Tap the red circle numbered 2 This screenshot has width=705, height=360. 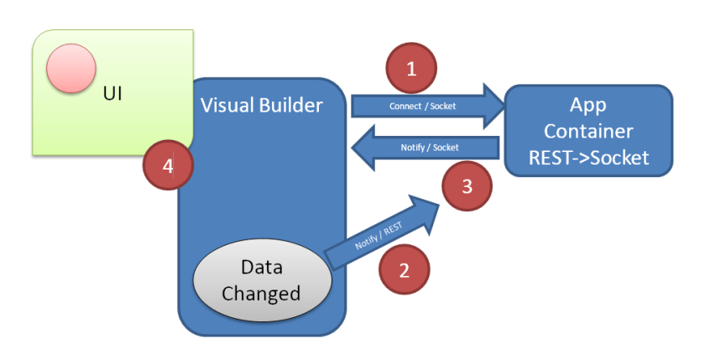(404, 269)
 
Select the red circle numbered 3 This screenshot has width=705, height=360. (467, 187)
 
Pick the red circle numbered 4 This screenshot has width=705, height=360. (168, 166)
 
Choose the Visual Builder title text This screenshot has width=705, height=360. (261, 106)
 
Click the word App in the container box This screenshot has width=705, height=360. (587, 107)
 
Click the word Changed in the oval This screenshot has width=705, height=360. (260, 293)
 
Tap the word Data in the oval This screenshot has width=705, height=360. (261, 268)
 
